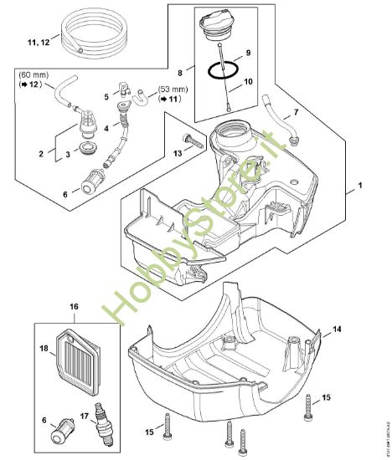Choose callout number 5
click(x=107, y=97)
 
